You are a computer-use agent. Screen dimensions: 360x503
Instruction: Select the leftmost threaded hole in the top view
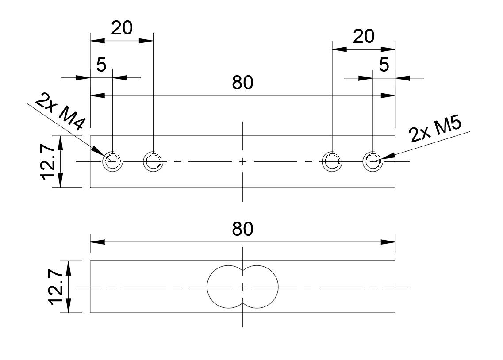coord(112,162)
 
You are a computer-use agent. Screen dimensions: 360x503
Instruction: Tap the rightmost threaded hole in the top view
coord(372,162)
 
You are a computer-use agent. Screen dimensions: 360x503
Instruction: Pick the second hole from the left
coord(153,162)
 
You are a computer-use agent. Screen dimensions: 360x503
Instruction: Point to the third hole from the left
coord(332,162)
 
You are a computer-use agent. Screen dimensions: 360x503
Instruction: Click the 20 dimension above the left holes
coord(122,28)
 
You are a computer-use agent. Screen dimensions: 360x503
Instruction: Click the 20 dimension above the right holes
coord(364,36)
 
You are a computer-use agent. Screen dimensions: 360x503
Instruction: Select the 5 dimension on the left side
coord(101,65)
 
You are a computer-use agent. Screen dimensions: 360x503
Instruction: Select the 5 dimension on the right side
coord(384,65)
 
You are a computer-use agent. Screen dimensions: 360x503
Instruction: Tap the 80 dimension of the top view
coord(243,83)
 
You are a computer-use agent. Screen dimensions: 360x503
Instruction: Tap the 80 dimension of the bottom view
coord(243,229)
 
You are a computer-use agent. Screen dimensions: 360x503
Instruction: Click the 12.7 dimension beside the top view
coord(50,161)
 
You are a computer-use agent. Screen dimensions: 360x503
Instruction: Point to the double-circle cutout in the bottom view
coord(242,287)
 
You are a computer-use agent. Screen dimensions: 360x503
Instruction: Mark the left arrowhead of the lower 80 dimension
coord(97,242)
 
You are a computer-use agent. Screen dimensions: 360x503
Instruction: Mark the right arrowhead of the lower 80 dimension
coord(388,242)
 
